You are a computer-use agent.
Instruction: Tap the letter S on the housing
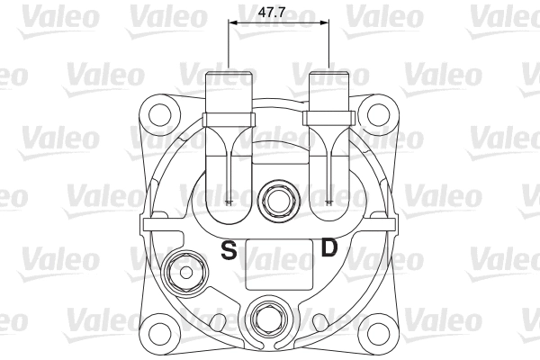229,249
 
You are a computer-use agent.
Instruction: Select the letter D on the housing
329,247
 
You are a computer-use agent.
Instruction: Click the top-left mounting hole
162,116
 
